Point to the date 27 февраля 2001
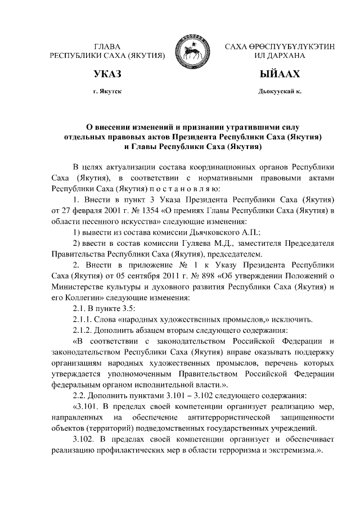[x=91, y=210]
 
